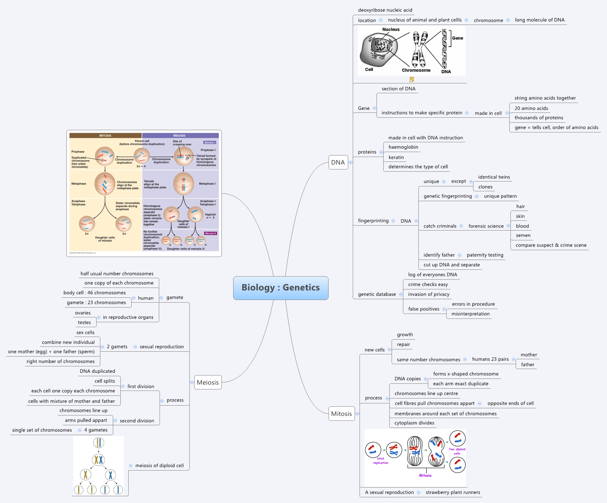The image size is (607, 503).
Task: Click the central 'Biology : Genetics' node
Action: pos(280,288)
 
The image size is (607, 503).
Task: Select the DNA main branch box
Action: pos(338,162)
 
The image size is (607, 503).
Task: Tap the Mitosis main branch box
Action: pos(341,414)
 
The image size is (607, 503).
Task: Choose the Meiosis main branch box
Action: pos(207,382)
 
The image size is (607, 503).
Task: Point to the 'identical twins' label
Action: pos(493,177)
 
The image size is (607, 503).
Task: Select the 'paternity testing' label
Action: pos(485,255)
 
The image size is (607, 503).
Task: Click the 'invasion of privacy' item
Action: pos(429,294)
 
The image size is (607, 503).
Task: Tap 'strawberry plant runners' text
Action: pos(453,492)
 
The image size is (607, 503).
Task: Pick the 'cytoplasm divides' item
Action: pos(414,423)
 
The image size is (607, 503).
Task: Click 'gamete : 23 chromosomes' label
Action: pos(96,303)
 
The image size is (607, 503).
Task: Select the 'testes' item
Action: pos(84,323)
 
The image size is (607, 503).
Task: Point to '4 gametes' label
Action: pos(96,430)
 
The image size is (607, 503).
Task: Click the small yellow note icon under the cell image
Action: pos(412,79)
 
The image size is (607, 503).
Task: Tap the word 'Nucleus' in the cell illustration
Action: pos(390,29)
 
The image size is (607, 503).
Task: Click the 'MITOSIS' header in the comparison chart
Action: pos(105,135)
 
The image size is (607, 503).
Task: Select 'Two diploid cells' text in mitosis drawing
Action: pos(457,451)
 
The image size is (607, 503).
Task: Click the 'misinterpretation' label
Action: pos(470,314)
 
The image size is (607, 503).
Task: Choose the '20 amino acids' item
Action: pos(531,108)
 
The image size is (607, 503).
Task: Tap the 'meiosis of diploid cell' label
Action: pos(159,466)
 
